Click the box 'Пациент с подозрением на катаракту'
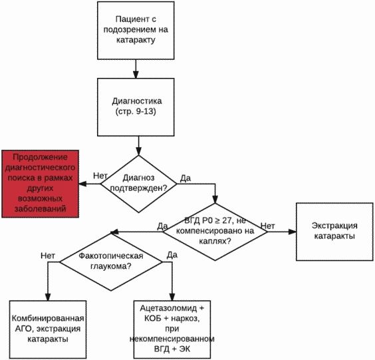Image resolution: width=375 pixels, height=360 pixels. (136, 31)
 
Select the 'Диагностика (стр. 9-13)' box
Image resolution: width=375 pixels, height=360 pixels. (136, 107)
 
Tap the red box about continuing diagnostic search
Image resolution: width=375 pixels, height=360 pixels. (40, 184)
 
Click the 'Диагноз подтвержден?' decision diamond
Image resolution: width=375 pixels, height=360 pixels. (139, 184)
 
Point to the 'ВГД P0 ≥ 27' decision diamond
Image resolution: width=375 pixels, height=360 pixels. (215, 232)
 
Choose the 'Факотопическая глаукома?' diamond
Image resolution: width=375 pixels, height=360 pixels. (111, 262)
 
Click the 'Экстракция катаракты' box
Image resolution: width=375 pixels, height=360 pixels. (334, 232)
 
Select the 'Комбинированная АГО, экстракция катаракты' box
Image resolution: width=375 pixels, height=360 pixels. (48, 329)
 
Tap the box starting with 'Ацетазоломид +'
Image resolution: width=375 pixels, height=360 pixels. (172, 329)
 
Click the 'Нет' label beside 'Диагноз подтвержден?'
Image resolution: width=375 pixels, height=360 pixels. (100, 176)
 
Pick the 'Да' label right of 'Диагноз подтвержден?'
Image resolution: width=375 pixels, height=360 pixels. (186, 178)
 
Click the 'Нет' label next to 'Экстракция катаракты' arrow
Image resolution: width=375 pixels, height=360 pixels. (267, 226)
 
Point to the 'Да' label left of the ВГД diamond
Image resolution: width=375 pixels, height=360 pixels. (162, 226)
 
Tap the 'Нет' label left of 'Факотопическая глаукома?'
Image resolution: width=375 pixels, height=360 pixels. (48, 256)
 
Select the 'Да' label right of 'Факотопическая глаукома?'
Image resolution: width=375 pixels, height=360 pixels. (172, 255)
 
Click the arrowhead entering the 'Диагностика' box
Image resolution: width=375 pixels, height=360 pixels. (136, 75)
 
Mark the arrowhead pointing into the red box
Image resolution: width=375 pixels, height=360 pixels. (82, 184)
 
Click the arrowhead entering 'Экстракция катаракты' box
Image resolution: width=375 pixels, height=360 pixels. (293, 232)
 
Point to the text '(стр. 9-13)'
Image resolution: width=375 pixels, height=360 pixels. (136, 112)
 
